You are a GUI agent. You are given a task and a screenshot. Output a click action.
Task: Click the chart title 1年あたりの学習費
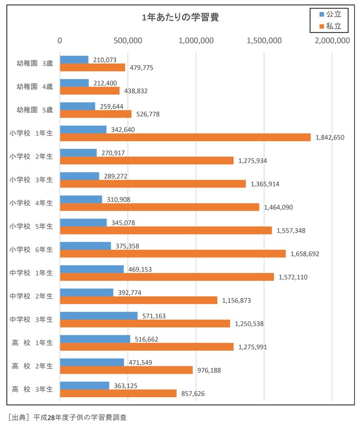click(x=180, y=18)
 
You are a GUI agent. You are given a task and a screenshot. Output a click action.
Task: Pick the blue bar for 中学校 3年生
click(x=99, y=315)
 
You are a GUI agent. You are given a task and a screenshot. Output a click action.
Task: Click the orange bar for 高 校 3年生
click(x=118, y=393)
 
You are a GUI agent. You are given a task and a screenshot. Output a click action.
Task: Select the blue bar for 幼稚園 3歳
click(x=74, y=60)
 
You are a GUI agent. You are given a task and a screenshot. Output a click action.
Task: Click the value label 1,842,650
click(x=330, y=138)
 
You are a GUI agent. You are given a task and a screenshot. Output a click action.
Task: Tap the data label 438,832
click(x=136, y=91)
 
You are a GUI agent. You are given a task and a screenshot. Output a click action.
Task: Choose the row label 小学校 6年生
click(x=31, y=249)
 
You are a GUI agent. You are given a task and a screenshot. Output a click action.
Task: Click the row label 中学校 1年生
click(x=31, y=273)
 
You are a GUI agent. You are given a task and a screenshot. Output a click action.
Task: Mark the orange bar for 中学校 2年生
click(x=138, y=300)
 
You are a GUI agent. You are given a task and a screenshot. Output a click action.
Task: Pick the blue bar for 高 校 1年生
click(x=95, y=339)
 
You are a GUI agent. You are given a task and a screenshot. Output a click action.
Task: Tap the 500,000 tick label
click(x=127, y=41)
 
